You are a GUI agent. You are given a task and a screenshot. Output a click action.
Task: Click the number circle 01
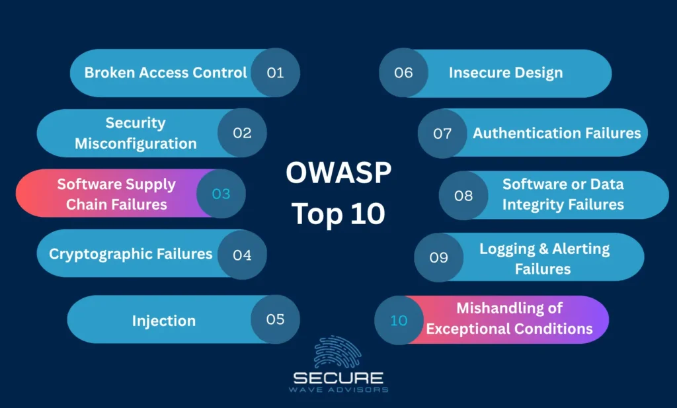tap(275, 73)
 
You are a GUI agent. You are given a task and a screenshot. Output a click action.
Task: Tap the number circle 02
tap(242, 133)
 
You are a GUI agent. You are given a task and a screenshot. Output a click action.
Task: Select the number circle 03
tap(221, 194)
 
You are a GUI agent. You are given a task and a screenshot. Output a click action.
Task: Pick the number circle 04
tap(242, 254)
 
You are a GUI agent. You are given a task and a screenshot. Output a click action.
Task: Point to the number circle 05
tap(275, 319)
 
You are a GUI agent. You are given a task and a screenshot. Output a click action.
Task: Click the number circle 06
tap(403, 73)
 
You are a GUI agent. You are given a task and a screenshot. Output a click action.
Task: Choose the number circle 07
tap(442, 134)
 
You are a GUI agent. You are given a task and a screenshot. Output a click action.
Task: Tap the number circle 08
tap(463, 196)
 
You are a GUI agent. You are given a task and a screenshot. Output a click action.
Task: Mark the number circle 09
tap(439, 257)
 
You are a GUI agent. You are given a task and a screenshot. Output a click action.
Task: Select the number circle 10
tap(399, 320)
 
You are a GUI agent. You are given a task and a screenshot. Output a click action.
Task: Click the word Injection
tap(163, 321)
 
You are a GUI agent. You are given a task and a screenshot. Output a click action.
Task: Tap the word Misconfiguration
tap(136, 143)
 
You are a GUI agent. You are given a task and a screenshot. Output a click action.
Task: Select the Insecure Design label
tap(506, 73)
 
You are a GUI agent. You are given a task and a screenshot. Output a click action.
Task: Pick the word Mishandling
tap(509, 308)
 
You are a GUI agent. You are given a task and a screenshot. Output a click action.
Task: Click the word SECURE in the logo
tap(338, 378)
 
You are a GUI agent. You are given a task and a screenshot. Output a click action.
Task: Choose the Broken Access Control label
tap(165, 73)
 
